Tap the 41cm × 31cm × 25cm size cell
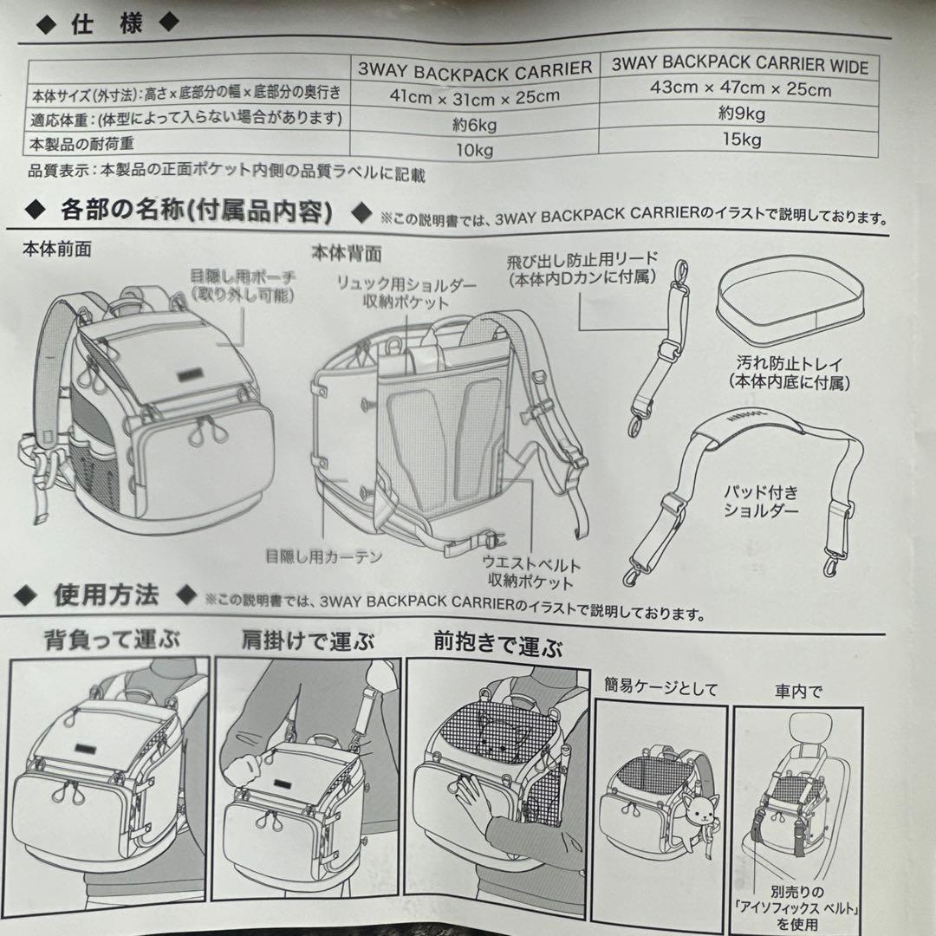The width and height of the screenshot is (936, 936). coord(474,95)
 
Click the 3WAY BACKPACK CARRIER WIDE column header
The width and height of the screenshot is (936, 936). coord(739,65)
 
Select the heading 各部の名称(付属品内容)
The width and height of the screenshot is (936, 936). coord(196,210)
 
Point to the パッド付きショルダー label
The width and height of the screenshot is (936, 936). coord(761,501)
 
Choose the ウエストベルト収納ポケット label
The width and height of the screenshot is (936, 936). coord(531,573)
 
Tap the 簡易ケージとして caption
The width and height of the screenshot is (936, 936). coord(661,689)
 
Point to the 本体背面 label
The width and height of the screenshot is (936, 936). coord(346,252)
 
